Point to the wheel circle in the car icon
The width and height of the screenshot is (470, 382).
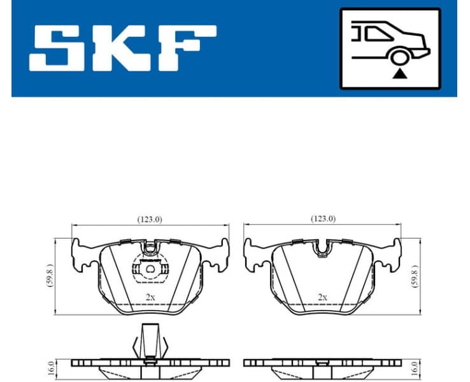pos(399,57)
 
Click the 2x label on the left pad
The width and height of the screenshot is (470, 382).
pos(150,297)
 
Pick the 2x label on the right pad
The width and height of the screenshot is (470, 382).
pos(323,297)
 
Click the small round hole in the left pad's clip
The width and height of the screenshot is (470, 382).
pos(150,269)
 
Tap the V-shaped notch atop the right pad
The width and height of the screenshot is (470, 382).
pos(324,247)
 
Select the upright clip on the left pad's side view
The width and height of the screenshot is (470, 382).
pos(150,341)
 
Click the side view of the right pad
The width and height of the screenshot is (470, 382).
pos(323,365)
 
